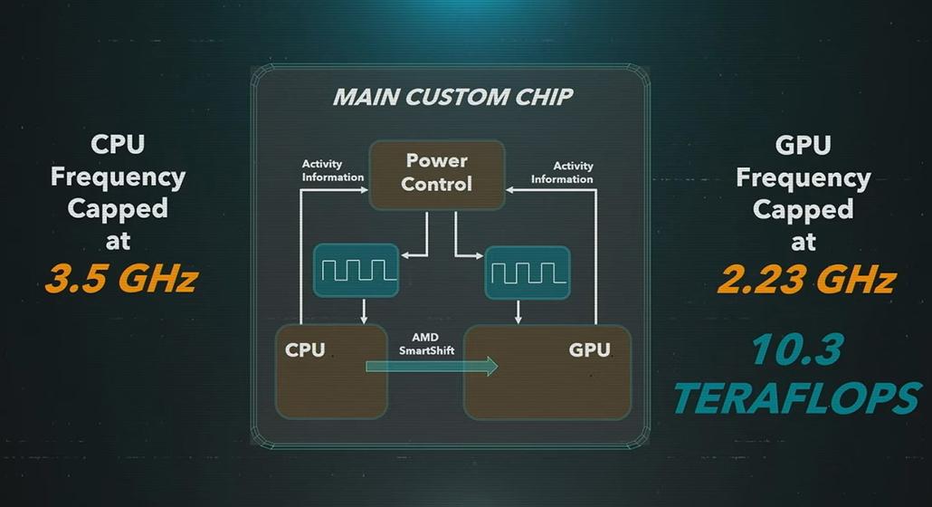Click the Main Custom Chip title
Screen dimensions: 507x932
(x=452, y=97)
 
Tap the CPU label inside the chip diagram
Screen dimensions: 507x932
(x=305, y=349)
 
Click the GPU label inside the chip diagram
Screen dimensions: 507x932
(x=589, y=349)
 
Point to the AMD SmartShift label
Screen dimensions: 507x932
(x=426, y=343)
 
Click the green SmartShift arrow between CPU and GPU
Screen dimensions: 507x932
(x=433, y=366)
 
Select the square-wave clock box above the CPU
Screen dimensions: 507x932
(x=355, y=270)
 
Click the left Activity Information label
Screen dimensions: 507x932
(x=333, y=171)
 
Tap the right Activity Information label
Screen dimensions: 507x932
(x=562, y=172)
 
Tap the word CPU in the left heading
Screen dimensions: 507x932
(x=118, y=144)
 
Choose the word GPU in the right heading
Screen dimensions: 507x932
(x=804, y=144)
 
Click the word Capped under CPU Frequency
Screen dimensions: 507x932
(x=118, y=209)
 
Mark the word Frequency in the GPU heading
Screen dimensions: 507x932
(x=804, y=177)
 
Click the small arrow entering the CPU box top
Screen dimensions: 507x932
(x=363, y=312)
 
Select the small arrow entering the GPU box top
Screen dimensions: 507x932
(x=518, y=312)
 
